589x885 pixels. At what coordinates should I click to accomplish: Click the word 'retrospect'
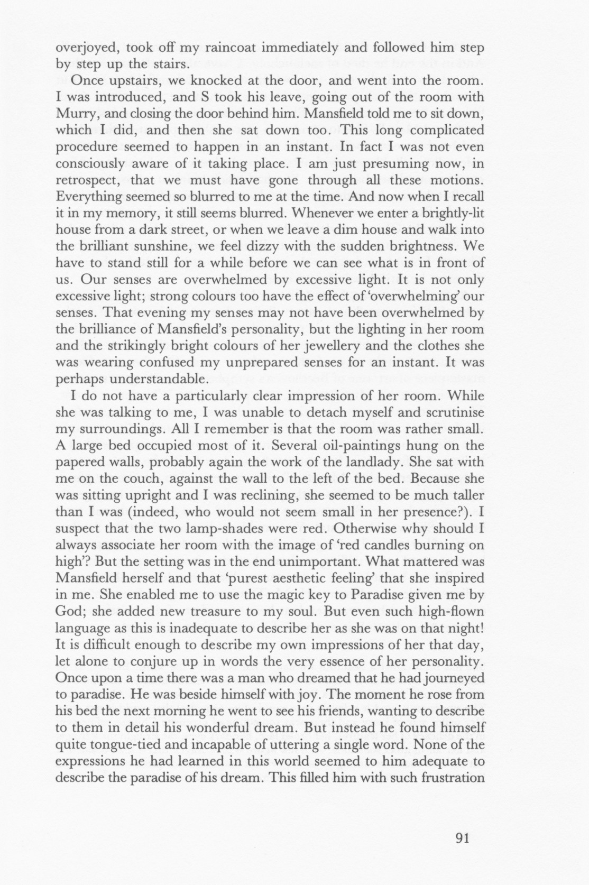click(87, 180)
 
